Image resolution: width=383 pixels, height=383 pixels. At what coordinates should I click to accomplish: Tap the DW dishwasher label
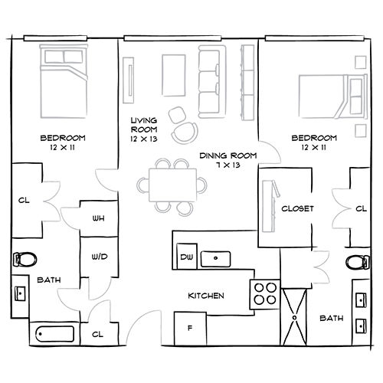point(185,257)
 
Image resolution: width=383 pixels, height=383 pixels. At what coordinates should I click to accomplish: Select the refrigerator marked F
point(189,329)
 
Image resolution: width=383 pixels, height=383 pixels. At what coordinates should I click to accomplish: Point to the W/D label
point(99,257)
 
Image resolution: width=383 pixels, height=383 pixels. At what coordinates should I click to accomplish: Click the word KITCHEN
point(207,296)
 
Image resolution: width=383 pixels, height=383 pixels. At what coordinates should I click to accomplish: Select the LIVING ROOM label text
point(143,130)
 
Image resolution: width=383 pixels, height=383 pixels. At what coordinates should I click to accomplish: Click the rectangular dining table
point(172,185)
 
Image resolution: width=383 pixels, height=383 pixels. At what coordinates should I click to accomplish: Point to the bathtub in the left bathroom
point(56,334)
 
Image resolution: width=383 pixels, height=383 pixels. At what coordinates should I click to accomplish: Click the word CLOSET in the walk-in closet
point(296,208)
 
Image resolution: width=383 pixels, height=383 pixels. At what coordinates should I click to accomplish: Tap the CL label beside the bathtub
point(98,334)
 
